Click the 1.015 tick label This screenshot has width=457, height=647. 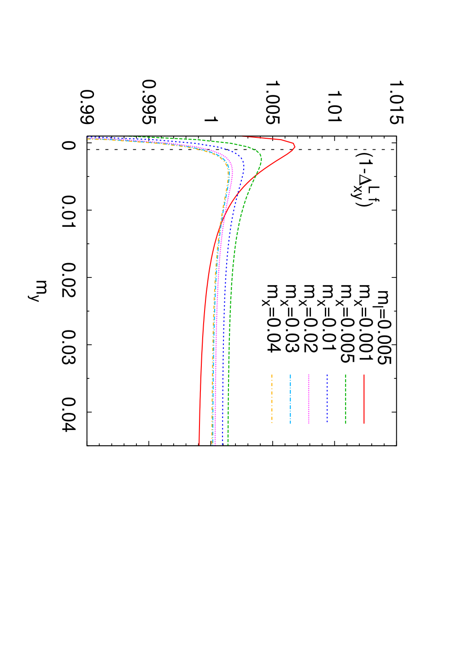[x=396, y=103]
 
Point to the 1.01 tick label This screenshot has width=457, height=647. [x=334, y=106]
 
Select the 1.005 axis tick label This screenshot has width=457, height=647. [x=272, y=103]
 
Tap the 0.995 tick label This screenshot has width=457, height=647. [x=149, y=102]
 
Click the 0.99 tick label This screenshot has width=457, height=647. [x=87, y=107]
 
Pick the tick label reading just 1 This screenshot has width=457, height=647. [x=211, y=119]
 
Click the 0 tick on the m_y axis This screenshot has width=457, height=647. [x=69, y=145]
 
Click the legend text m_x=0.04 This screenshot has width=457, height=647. [x=272, y=319]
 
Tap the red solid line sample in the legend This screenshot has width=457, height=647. [x=364, y=399]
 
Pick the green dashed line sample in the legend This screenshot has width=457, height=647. [x=346, y=399]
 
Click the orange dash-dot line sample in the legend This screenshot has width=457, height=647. [x=272, y=399]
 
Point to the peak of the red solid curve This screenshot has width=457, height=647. [x=295, y=147]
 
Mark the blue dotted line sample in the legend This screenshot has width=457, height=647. [x=327, y=399]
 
